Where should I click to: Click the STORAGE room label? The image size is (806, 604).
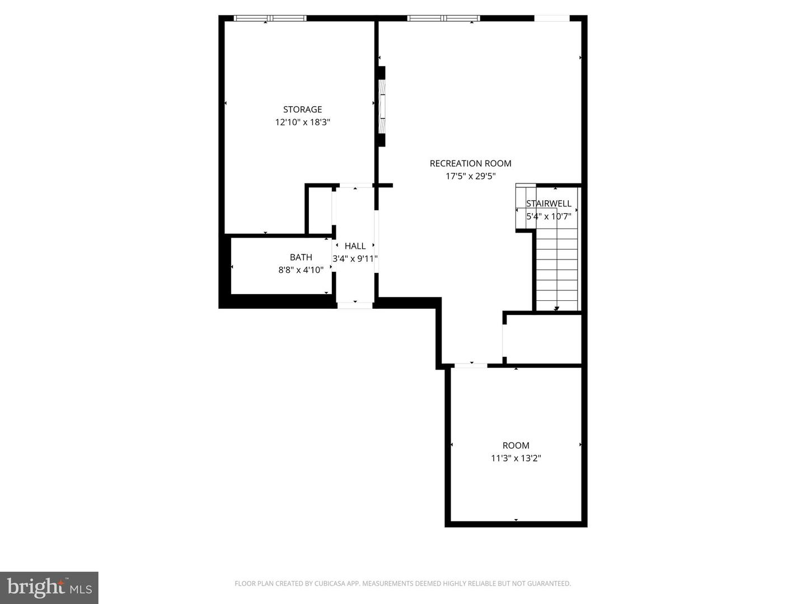tap(302, 110)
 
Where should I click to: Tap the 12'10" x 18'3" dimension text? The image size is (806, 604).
tap(302, 122)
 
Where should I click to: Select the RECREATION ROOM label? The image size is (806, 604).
tap(470, 163)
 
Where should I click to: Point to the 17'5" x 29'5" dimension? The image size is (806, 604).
tap(470, 176)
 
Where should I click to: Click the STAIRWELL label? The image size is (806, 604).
tap(549, 204)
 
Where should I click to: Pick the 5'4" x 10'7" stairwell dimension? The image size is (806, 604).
tap(549, 216)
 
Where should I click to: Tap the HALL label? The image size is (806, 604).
tap(355, 246)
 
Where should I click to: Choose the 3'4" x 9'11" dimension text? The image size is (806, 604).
tap(355, 259)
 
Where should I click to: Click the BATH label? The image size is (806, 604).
tap(301, 257)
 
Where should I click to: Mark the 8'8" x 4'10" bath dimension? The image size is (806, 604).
tap(301, 270)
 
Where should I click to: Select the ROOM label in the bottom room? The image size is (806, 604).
tap(516, 446)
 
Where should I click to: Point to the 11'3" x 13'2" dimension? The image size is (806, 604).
tap(516, 459)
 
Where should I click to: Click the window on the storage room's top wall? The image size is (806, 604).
tap(270, 18)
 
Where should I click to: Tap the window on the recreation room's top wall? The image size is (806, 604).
tap(444, 18)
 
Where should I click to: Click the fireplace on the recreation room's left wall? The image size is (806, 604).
tap(382, 107)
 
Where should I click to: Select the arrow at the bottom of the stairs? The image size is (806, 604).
tap(556, 308)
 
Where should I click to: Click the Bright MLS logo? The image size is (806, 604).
tap(49, 587)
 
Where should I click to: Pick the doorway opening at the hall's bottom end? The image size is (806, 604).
tap(354, 305)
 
